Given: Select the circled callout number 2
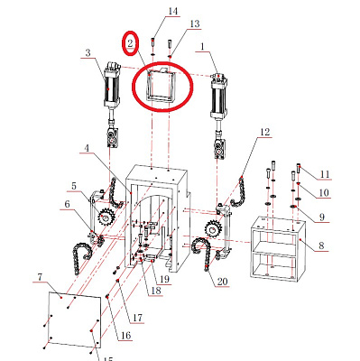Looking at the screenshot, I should coord(131,42).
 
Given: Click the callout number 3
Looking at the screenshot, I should coord(88,53).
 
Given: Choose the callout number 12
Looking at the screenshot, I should coord(264,133).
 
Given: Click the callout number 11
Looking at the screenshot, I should coord(326,172).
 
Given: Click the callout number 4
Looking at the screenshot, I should coord(87,148).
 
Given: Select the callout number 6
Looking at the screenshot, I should coord(65,206).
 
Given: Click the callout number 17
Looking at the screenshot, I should coord(138,318).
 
